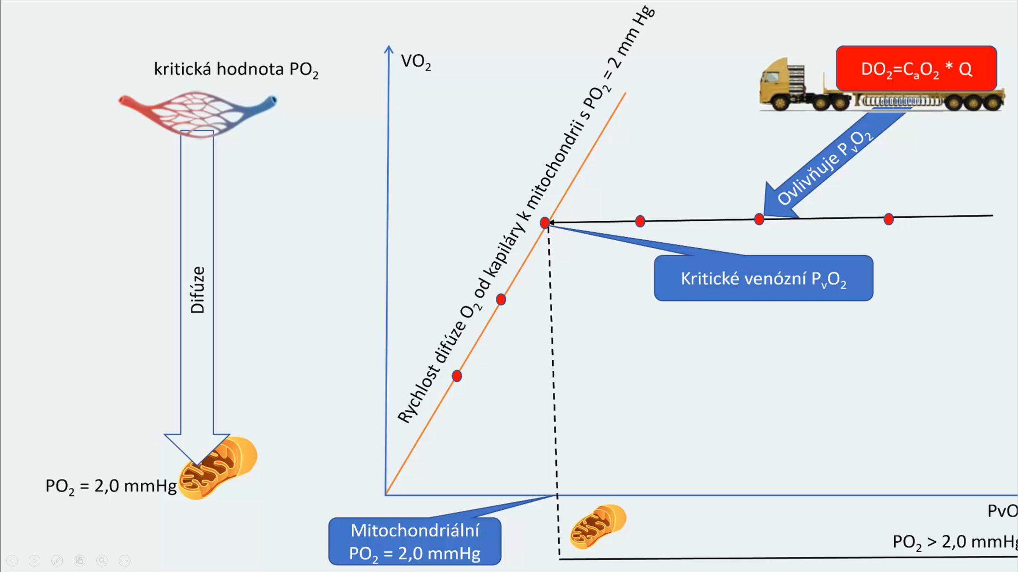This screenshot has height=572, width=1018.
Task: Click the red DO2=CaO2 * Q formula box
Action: tap(916, 69)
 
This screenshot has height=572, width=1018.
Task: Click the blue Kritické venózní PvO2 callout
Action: tap(763, 278)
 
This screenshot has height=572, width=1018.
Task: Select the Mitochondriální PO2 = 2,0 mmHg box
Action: tap(414, 541)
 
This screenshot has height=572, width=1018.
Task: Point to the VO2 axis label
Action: tap(416, 62)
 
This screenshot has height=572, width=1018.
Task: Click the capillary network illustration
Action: tap(197, 112)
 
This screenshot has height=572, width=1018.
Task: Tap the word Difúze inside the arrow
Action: tap(197, 290)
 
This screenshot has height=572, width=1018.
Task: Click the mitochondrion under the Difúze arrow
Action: tap(218, 468)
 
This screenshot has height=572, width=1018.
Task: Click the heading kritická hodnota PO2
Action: tap(236, 69)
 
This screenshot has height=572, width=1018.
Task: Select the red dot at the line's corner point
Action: tap(545, 222)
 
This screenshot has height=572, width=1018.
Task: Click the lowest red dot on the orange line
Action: tap(456, 376)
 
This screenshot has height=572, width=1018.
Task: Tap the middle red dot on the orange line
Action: tap(501, 300)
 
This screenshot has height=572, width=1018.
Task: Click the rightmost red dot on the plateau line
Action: tap(889, 219)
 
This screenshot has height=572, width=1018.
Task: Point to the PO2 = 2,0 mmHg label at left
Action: tap(111, 486)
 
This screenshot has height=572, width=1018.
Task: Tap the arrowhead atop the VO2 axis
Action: tap(389, 49)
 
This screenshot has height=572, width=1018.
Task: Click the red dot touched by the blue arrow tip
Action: tap(759, 219)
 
